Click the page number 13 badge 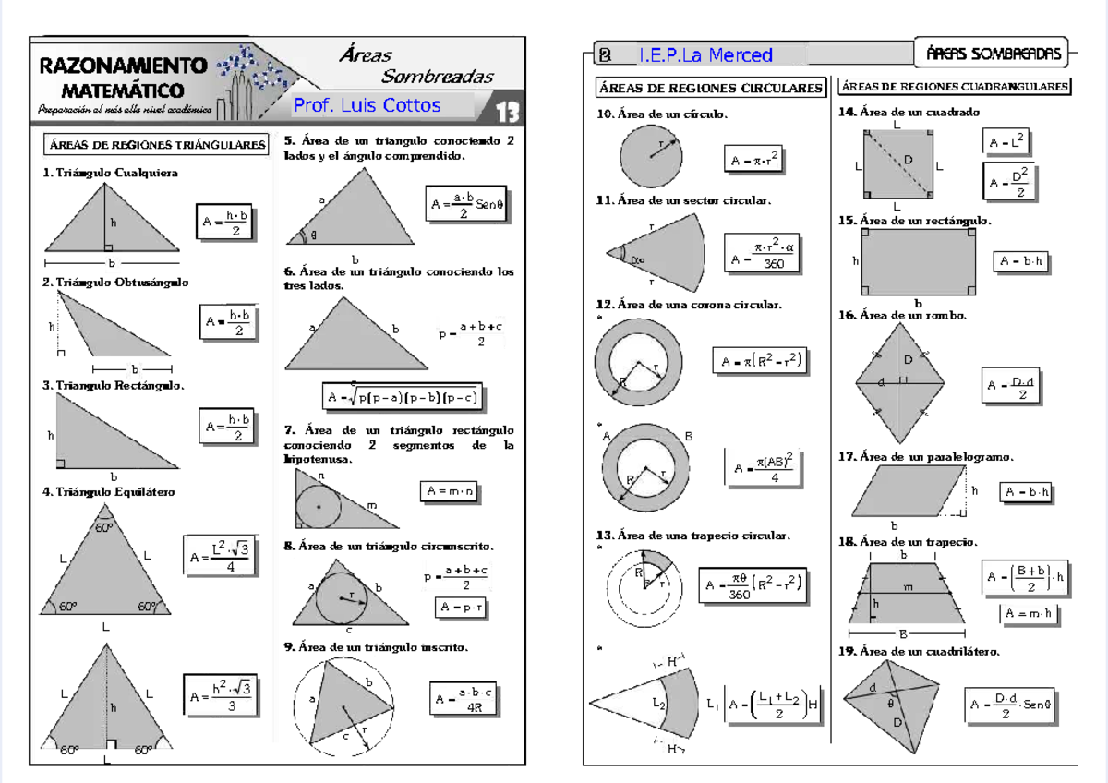tap(507, 112)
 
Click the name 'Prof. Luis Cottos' tap(367, 105)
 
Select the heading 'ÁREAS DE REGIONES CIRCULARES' tap(710, 89)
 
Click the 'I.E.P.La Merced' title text tap(705, 55)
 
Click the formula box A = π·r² tap(753, 160)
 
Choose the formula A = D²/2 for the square tap(1007, 182)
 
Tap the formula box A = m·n tap(450, 491)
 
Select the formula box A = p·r tap(462, 608)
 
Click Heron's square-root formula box tap(402, 398)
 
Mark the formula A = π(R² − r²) tap(760, 361)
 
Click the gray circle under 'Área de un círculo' tap(651, 157)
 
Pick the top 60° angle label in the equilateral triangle tap(104, 528)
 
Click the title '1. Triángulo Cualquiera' tap(111, 173)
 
